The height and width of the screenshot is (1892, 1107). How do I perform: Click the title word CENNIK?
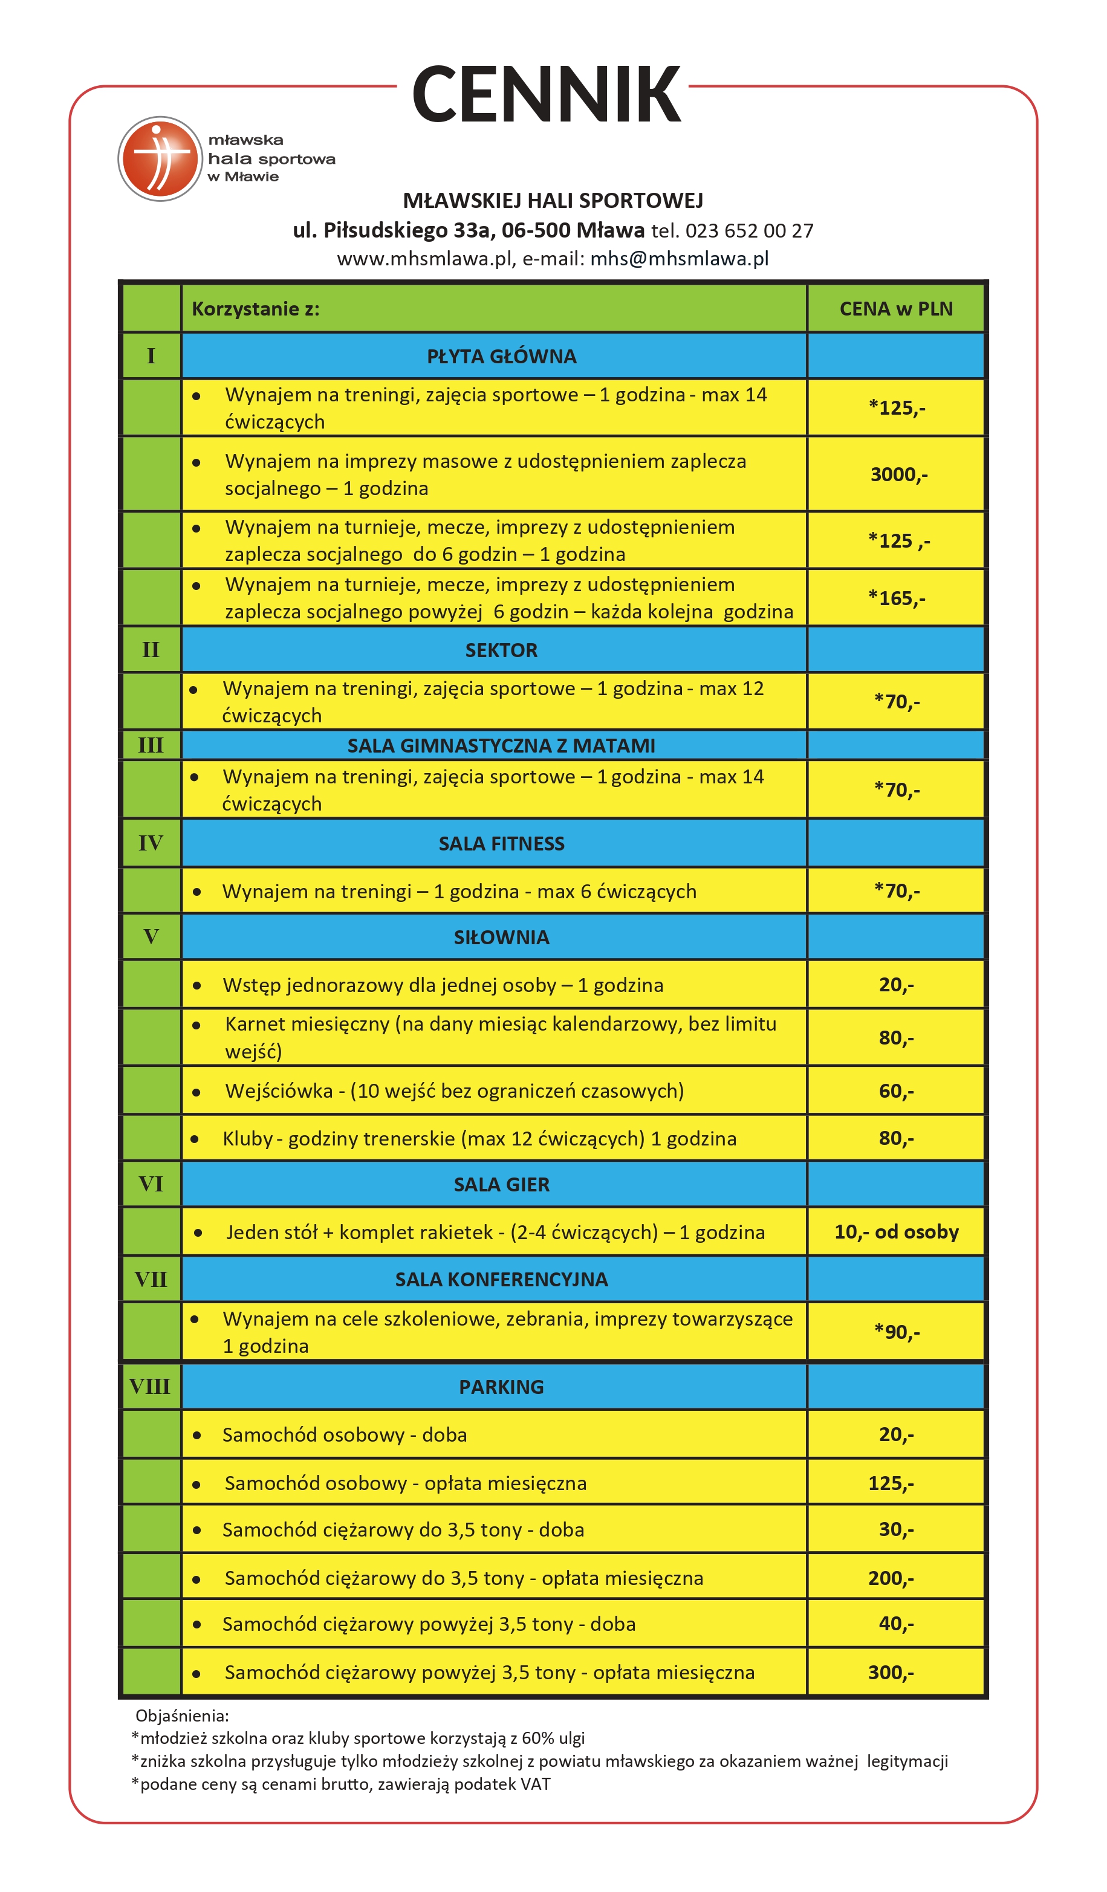(x=546, y=94)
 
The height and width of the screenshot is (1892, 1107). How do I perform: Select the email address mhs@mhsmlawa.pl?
(x=679, y=259)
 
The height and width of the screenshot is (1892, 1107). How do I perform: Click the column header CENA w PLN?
(x=895, y=308)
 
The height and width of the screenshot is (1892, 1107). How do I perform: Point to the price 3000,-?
(x=898, y=475)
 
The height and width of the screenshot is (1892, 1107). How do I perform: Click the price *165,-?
(x=896, y=598)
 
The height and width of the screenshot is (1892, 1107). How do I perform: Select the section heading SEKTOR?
(x=501, y=650)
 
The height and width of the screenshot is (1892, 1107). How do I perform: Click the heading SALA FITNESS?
(x=501, y=844)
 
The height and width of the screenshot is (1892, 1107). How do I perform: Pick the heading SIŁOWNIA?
(x=501, y=938)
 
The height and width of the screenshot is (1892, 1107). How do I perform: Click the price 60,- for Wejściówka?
(x=896, y=1091)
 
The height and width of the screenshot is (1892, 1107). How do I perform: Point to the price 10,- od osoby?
(x=896, y=1232)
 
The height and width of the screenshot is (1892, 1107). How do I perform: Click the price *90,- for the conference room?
(x=896, y=1332)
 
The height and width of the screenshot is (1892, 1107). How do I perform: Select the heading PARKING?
(x=501, y=1387)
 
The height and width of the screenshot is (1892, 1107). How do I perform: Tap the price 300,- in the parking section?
(x=891, y=1673)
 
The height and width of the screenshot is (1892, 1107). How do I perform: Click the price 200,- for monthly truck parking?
(x=891, y=1578)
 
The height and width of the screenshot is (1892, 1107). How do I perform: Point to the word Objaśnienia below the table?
(x=182, y=1715)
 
